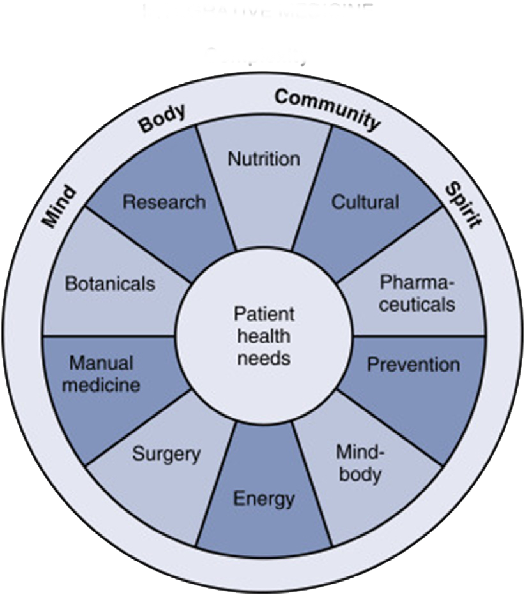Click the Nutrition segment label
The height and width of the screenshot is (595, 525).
pos(264,158)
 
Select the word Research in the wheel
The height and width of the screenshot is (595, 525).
pos(164,202)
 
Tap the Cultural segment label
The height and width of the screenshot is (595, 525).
pos(365,202)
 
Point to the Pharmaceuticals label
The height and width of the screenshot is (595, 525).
pos(417,292)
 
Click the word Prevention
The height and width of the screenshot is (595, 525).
pos(413,365)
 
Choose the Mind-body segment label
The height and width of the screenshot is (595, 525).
pos(359,463)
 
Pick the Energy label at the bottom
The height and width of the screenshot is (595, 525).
pos(264,498)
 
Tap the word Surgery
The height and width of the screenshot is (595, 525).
pos(166,455)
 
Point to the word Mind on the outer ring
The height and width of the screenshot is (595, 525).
pos(58,206)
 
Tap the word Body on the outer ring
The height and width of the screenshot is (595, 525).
pos(162,117)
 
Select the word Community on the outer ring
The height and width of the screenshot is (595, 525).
pos(328,108)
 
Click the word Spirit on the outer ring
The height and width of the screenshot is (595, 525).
pos(463,205)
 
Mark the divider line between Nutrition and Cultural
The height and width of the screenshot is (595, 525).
pos(312,186)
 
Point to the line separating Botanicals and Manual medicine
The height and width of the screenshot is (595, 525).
pos(109,335)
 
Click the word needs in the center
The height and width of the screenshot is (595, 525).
pos(263,357)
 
